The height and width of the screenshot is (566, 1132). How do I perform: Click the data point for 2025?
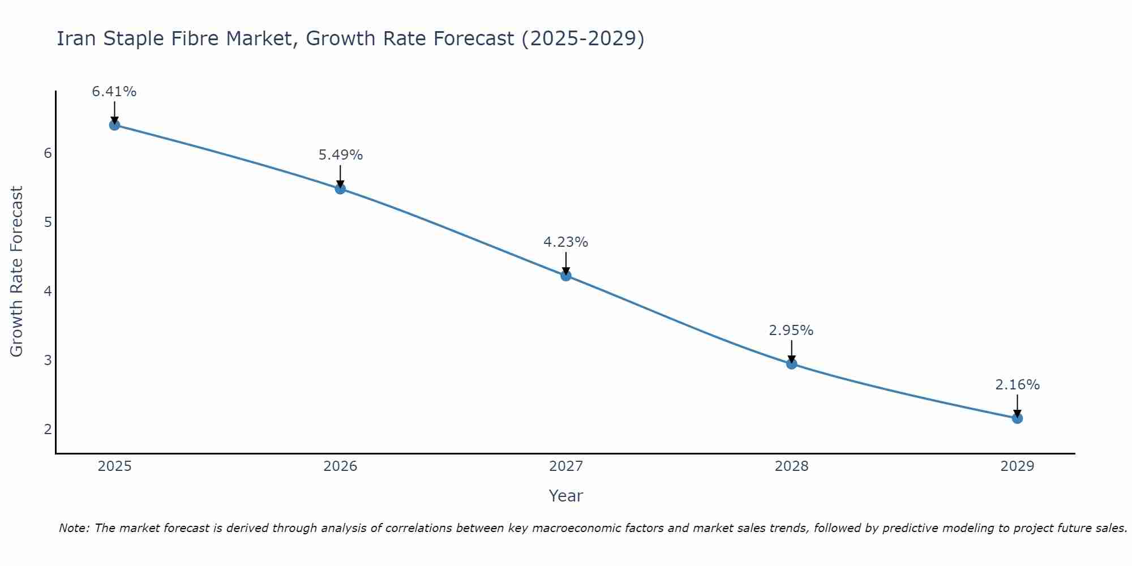click(114, 125)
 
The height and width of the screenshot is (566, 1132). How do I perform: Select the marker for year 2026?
click(340, 188)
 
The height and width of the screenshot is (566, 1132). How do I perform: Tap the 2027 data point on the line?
click(566, 276)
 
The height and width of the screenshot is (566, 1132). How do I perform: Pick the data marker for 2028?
click(791, 364)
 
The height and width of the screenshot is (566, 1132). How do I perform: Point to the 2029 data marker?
click(1017, 418)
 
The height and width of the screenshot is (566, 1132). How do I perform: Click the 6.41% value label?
click(114, 92)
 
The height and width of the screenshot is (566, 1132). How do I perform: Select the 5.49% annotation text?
click(340, 155)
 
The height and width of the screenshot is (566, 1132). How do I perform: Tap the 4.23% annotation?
click(566, 242)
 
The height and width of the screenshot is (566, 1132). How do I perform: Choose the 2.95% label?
click(791, 331)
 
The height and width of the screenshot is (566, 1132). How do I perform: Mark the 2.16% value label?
click(1017, 385)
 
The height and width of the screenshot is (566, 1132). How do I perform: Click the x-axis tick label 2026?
click(340, 466)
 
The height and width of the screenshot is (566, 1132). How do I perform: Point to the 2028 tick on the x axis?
click(791, 466)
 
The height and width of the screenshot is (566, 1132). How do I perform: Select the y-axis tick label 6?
click(48, 153)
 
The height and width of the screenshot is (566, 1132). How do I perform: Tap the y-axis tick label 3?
click(48, 361)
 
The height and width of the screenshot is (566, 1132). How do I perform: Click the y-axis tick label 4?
click(48, 291)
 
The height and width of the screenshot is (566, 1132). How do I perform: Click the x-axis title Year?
click(566, 496)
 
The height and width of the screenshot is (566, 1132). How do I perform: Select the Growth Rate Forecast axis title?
click(17, 272)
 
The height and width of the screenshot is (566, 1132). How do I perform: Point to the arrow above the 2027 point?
click(566, 263)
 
